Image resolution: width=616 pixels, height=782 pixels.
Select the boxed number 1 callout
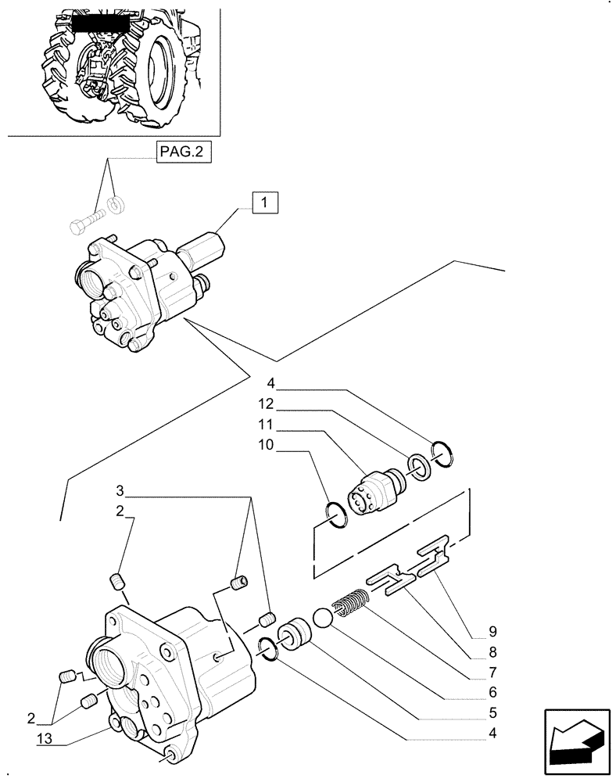click(265, 203)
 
